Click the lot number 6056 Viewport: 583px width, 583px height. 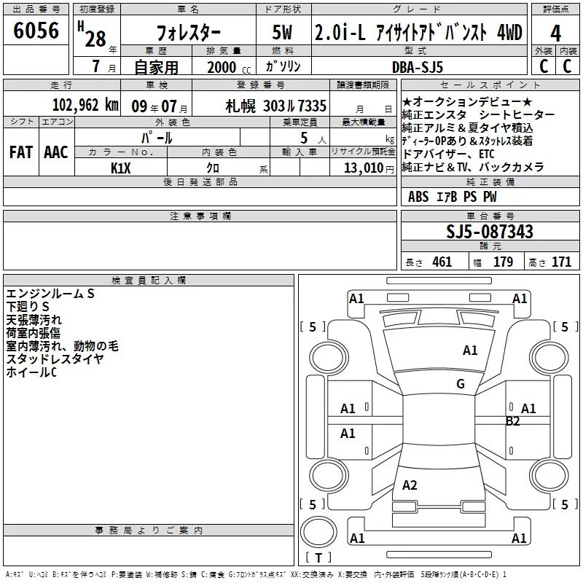click(x=36, y=31)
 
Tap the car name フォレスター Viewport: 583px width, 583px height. click(x=188, y=33)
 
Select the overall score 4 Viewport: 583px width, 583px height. click(x=555, y=34)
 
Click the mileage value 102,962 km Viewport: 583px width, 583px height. click(x=85, y=105)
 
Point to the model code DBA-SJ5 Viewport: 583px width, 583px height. click(x=418, y=67)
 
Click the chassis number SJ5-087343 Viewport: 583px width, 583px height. click(x=490, y=232)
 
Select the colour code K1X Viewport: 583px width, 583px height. click(x=120, y=168)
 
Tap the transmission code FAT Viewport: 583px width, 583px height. click(x=21, y=152)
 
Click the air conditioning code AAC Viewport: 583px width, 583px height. click(x=56, y=152)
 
